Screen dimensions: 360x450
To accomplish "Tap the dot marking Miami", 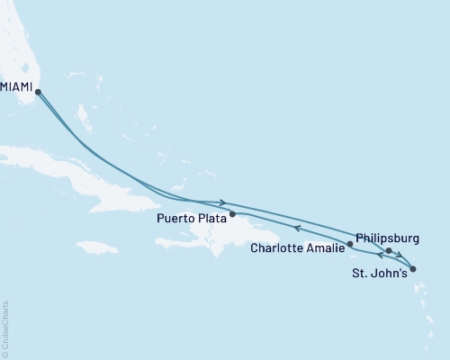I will [x=38, y=91].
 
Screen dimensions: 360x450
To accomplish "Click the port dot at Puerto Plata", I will [x=233, y=214].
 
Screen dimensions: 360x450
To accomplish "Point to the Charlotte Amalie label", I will [x=297, y=247].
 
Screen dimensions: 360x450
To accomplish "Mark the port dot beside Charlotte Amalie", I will [x=350, y=244].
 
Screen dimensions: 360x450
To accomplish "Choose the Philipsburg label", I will [x=387, y=238].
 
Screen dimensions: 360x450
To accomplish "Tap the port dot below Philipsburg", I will [x=389, y=251].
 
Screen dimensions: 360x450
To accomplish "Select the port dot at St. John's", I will [x=411, y=268].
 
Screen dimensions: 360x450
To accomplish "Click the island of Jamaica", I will [x=96, y=246].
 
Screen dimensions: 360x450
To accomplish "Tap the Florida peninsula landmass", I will [x=18, y=45].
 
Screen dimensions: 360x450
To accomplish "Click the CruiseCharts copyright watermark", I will [x=5, y=328].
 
